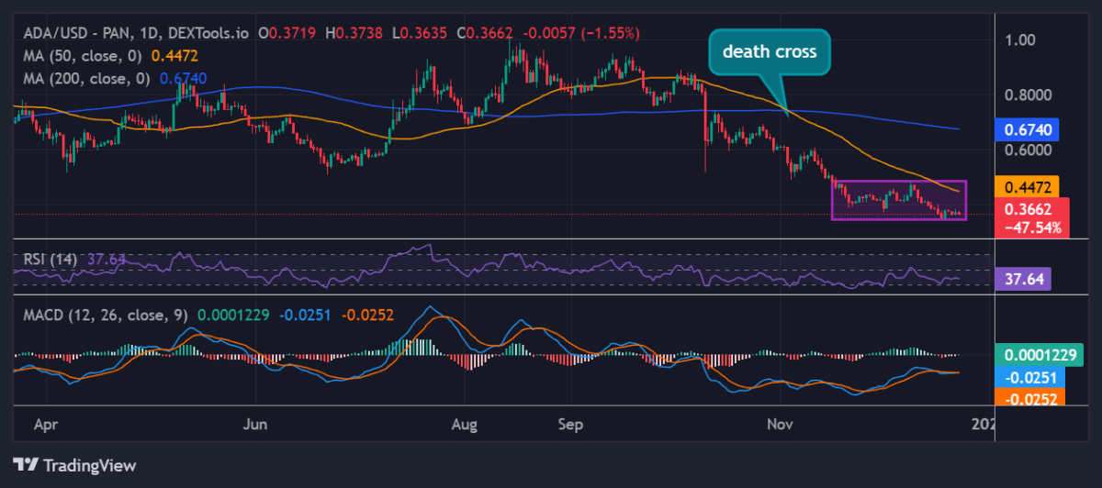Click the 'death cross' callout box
tap(769, 52)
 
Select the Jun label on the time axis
tap(257, 425)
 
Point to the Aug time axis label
tap(467, 425)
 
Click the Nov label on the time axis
tap(781, 425)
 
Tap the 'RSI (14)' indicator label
tap(51, 259)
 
